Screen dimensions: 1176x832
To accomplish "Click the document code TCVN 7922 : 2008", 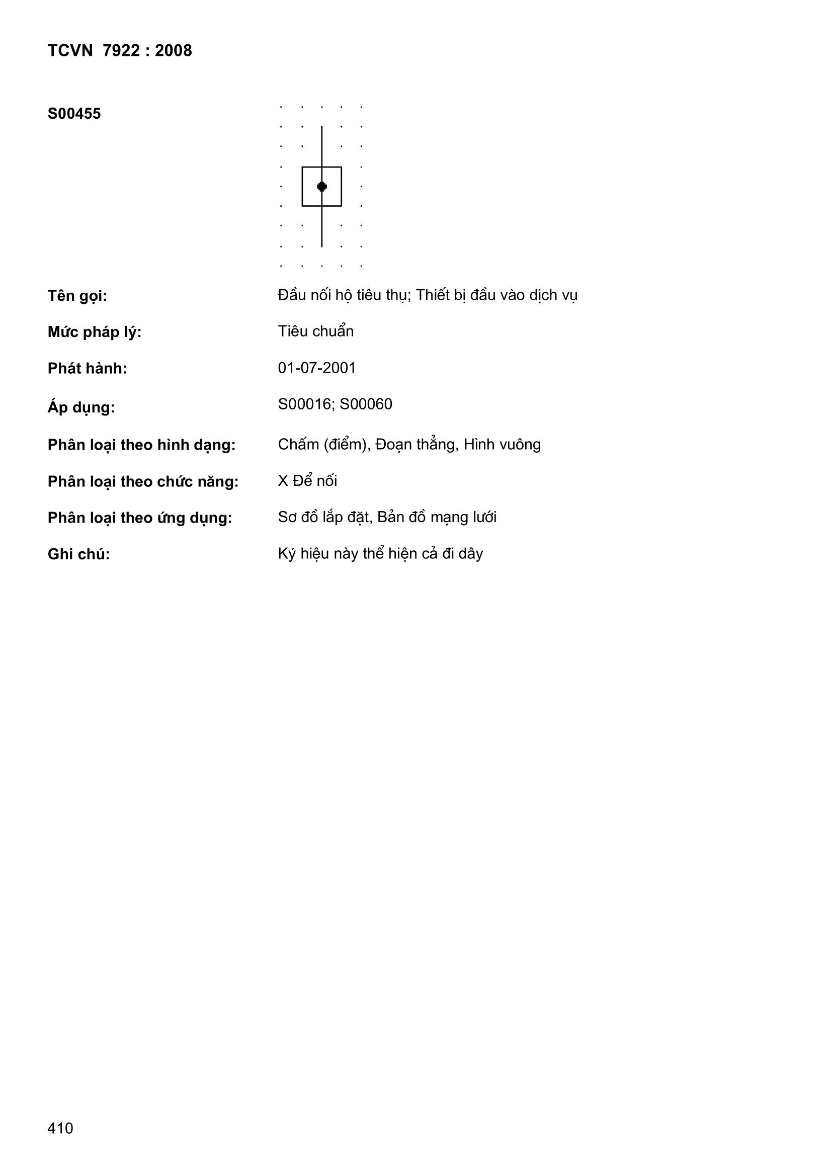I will coord(119,51).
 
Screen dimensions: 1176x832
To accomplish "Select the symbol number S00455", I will coord(74,114).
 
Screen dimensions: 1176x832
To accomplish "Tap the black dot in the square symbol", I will coord(322,187).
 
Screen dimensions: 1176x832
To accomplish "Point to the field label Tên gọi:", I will coord(77,296).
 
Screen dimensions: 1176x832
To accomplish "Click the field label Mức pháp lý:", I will coord(94,332).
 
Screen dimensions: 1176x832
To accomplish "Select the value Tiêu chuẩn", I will coord(315,331).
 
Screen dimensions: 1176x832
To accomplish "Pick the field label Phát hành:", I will coord(87,369).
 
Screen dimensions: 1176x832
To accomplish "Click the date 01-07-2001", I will coord(316,368).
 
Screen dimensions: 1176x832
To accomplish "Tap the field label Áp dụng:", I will coord(81,408).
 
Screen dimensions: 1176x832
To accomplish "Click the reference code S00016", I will coord(304,404).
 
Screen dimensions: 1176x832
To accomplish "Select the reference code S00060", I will coord(366,404).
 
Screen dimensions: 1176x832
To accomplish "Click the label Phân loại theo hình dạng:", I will coord(141,445).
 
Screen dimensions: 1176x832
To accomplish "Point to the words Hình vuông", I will coord(502,445).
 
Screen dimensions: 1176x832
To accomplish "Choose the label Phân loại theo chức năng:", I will coord(143,482).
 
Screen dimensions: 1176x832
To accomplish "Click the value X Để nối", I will coord(307,481).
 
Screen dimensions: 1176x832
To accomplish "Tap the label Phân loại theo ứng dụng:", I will coord(140,519).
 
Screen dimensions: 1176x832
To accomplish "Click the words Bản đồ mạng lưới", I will coord(437,517).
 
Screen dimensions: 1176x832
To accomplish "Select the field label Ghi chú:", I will coord(79,555).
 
